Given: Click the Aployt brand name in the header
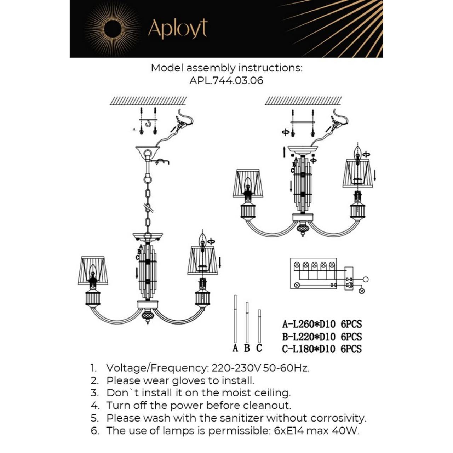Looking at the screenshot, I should pyautogui.click(x=177, y=29).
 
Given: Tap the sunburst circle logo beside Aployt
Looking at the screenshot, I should pyautogui.click(x=113, y=28).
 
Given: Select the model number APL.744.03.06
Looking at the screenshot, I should pyautogui.click(x=226, y=80).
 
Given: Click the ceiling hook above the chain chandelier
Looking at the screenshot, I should pyautogui.click(x=148, y=124).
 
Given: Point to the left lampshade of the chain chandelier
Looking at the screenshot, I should pyautogui.click(x=93, y=270).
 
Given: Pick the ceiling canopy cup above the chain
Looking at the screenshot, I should pyautogui.click(x=148, y=152).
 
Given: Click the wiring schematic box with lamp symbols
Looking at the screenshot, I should pyautogui.click(x=314, y=273).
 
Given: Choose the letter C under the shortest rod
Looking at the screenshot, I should pyautogui.click(x=259, y=348).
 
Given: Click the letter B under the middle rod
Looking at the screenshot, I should pyautogui.click(x=247, y=348).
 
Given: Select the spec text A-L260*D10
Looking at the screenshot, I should pyautogui.click(x=309, y=324).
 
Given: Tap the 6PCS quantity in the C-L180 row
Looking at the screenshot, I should pyautogui.click(x=351, y=349).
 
